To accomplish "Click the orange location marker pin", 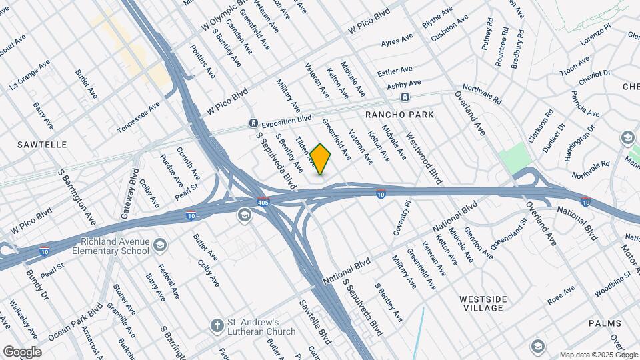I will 321,159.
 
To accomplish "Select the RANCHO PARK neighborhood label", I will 400,115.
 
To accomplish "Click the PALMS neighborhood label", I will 605,323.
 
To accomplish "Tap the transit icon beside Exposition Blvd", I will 253,123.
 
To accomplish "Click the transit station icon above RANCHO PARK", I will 405,98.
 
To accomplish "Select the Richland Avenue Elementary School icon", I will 160,246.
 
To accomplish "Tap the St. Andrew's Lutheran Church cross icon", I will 216,327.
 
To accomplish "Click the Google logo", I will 21,351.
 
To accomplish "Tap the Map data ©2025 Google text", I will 598,354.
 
